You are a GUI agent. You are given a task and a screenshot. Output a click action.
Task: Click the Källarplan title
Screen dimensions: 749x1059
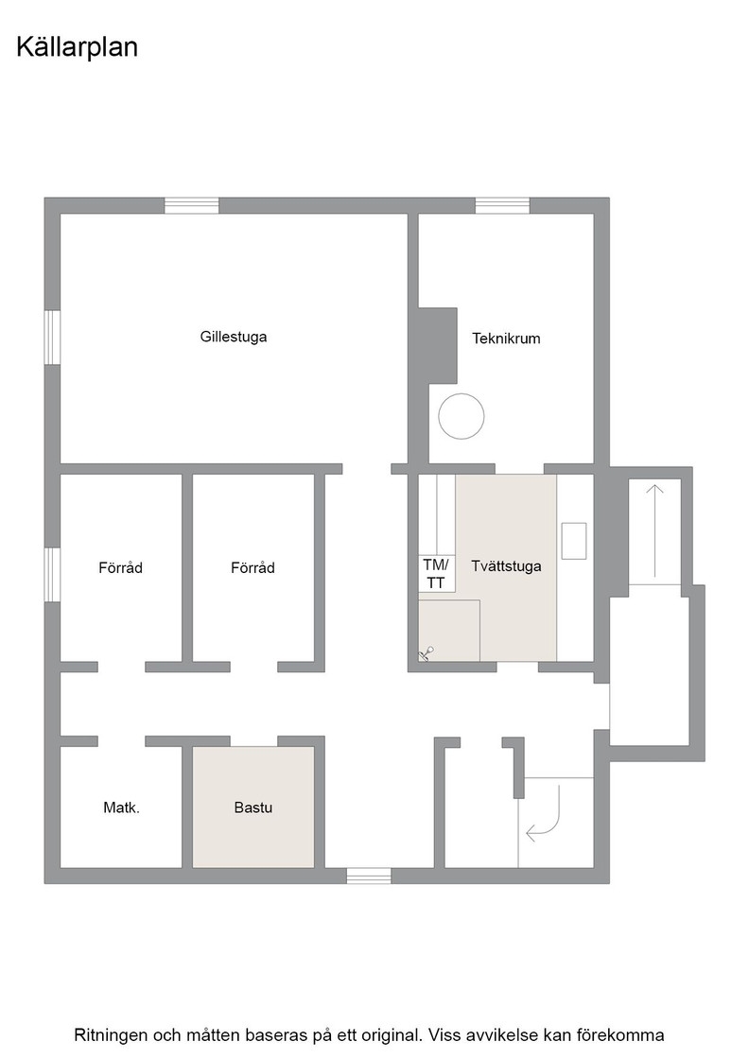pyautogui.click(x=77, y=48)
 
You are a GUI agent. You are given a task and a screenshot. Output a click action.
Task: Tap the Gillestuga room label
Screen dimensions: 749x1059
pyautogui.click(x=234, y=337)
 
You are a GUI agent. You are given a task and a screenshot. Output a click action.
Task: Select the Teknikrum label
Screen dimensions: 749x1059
pyautogui.click(x=506, y=339)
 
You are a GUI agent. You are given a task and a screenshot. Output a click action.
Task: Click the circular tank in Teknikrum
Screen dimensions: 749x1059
pyautogui.click(x=462, y=417)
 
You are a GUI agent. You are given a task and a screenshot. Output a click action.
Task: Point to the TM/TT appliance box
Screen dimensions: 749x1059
pyautogui.click(x=436, y=573)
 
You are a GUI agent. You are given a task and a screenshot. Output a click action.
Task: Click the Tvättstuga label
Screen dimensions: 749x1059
pyautogui.click(x=507, y=566)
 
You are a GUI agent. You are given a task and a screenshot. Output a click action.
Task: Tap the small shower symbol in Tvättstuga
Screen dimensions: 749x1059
pyautogui.click(x=427, y=653)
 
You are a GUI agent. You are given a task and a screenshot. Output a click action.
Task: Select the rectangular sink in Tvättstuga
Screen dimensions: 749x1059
pyautogui.click(x=573, y=540)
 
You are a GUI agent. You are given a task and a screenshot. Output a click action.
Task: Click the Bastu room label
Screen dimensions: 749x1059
pyautogui.click(x=253, y=807)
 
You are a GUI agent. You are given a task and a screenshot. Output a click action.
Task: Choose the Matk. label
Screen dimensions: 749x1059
pyautogui.click(x=122, y=807)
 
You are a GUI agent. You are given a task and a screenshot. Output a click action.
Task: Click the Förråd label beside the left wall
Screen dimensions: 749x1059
pyautogui.click(x=121, y=568)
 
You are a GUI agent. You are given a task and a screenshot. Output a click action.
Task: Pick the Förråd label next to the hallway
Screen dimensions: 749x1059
pyautogui.click(x=253, y=568)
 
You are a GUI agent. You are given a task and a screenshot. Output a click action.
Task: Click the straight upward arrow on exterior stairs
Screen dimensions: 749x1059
pyautogui.click(x=654, y=530)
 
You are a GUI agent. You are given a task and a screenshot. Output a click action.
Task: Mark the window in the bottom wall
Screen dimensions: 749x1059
pyautogui.click(x=369, y=876)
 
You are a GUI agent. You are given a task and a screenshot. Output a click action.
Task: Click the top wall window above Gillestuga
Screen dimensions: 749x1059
pyautogui.click(x=192, y=205)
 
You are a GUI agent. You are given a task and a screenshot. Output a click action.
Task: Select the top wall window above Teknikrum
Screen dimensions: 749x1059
pyautogui.click(x=502, y=205)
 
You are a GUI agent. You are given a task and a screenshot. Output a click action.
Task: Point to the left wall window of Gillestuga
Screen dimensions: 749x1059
pyautogui.click(x=53, y=338)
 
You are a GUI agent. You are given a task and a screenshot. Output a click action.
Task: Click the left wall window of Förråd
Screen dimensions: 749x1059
pyautogui.click(x=53, y=574)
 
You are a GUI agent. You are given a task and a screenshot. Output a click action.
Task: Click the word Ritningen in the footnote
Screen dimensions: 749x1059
pyautogui.click(x=110, y=1034)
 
